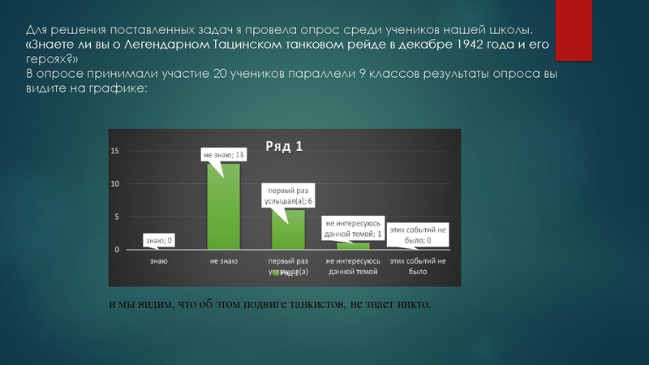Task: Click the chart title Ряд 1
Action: [x=283, y=146]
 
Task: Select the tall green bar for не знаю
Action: [x=223, y=206]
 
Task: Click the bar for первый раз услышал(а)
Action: [x=287, y=230]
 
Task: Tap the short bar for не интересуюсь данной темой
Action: [x=353, y=246]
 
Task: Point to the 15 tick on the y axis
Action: [x=115, y=151]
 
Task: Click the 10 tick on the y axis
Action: [x=115, y=184]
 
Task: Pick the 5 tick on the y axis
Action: [x=117, y=217]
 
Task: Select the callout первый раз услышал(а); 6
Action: [x=287, y=195]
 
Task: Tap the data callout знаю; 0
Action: [x=159, y=240]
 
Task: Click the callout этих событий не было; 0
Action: [x=417, y=235]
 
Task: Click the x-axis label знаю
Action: [x=159, y=262]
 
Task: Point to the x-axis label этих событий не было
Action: [x=418, y=267]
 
